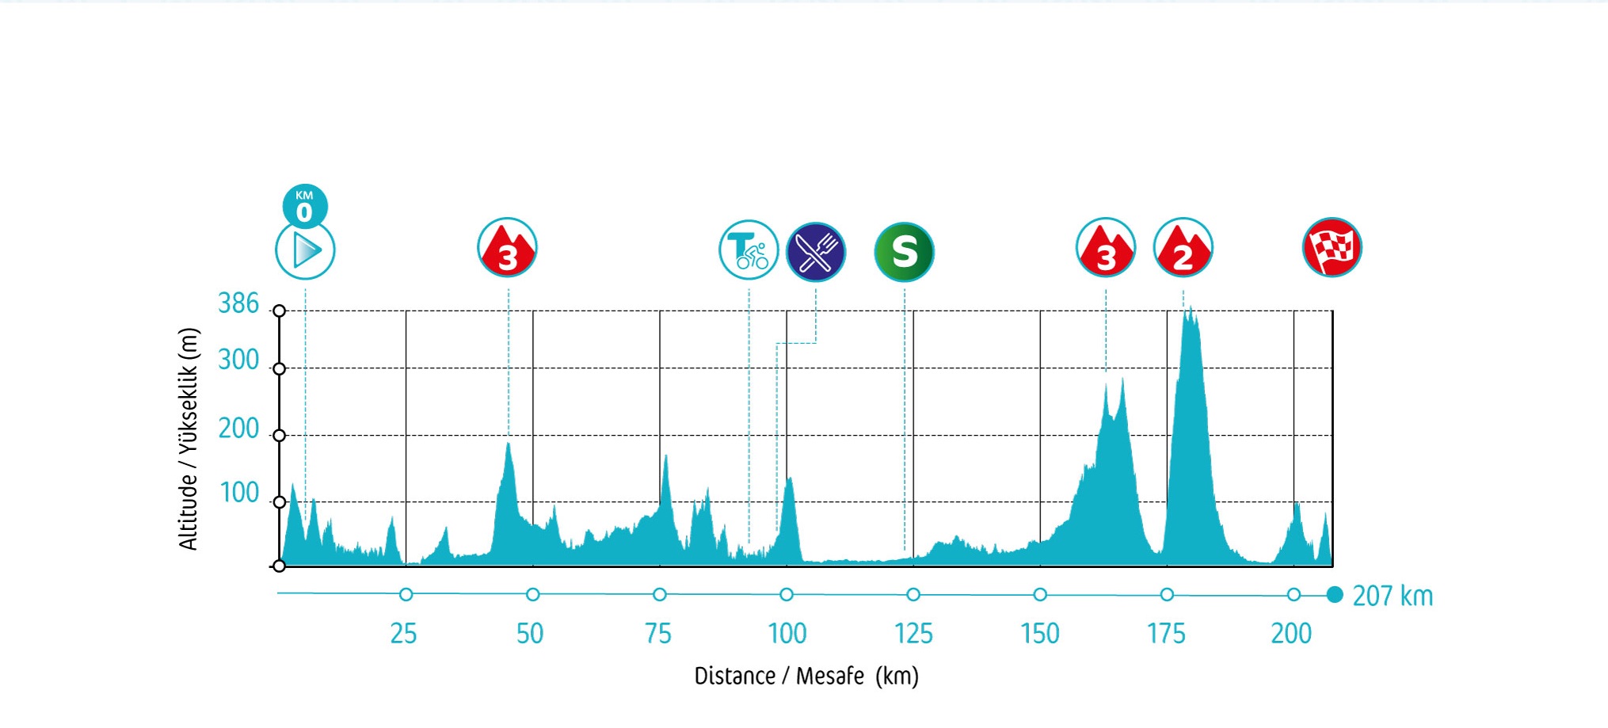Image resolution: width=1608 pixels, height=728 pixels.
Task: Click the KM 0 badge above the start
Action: click(305, 206)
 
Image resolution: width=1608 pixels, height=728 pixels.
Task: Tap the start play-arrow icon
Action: click(305, 251)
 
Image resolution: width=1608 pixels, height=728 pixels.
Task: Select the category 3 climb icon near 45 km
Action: click(507, 248)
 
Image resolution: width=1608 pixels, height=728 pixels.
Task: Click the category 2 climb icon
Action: click(1183, 248)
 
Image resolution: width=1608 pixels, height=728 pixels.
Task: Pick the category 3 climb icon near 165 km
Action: click(1105, 248)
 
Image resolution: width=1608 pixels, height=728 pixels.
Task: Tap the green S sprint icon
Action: click(904, 252)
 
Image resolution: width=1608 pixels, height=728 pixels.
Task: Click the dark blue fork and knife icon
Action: click(816, 252)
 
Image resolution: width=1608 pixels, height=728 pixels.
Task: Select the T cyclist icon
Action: click(749, 250)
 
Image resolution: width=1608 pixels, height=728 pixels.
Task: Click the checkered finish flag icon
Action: click(1332, 248)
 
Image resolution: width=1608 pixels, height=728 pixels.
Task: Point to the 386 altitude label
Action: click(238, 303)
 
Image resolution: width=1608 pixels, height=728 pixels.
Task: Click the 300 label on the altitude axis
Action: click(238, 360)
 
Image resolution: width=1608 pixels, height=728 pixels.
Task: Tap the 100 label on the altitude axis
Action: click(239, 493)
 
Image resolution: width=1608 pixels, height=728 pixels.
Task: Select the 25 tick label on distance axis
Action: click(403, 634)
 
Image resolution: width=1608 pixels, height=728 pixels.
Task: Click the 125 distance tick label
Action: click(913, 634)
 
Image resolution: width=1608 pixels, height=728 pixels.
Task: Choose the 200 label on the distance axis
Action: click(1291, 634)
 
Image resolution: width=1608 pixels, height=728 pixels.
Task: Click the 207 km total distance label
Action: click(1393, 596)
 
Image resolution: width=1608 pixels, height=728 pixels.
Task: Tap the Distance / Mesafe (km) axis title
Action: click(806, 676)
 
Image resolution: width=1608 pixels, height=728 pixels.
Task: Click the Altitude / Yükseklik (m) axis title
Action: click(189, 439)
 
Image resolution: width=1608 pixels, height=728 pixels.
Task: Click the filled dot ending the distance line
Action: click(1335, 595)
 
